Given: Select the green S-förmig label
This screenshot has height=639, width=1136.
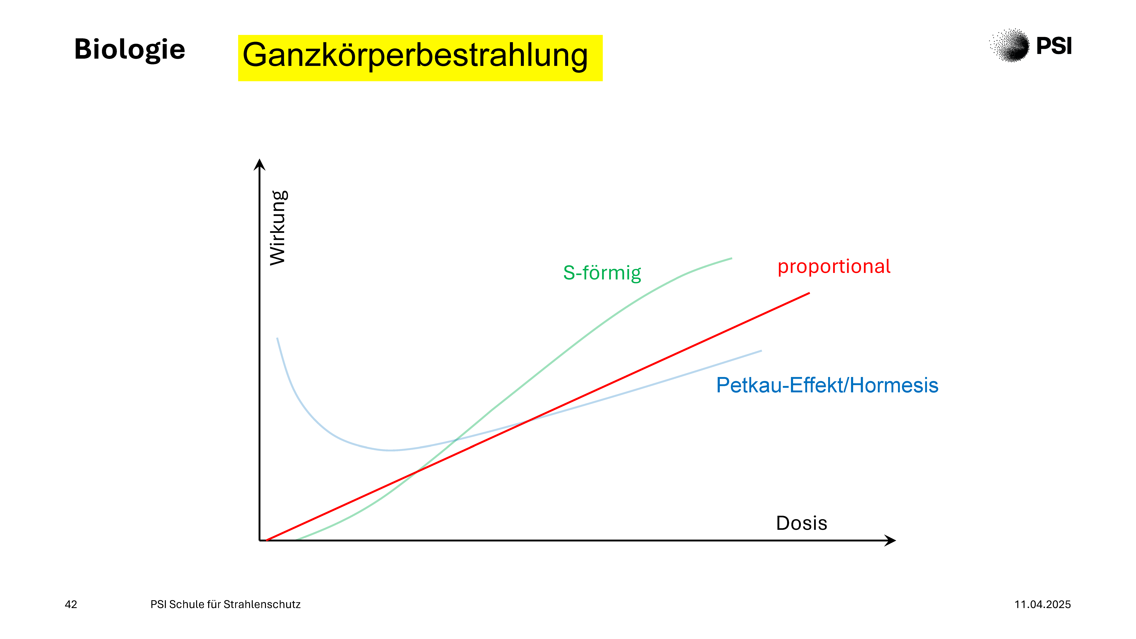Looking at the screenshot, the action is tap(602, 273).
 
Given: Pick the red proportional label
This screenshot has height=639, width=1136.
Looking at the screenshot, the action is tap(834, 267).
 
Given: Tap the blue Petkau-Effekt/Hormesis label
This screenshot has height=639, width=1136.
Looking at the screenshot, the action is tap(827, 385).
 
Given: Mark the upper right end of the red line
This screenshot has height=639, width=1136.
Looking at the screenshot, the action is tap(809, 293).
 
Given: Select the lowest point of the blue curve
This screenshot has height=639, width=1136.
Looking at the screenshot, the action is tap(390, 450).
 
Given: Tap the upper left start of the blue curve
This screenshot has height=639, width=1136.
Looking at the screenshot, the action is tap(277, 338).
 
